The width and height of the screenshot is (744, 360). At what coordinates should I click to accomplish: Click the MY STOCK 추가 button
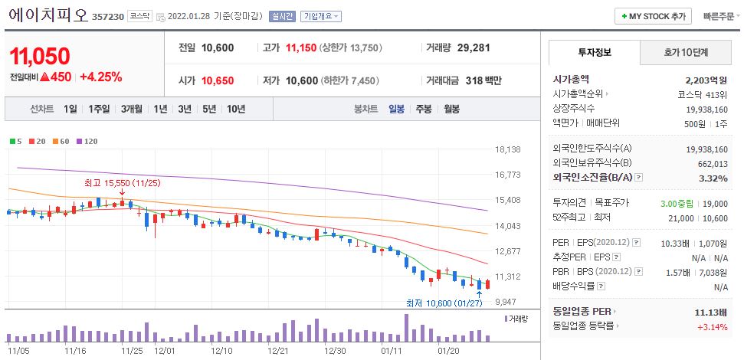653,16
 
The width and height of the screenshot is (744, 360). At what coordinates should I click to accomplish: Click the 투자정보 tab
594,53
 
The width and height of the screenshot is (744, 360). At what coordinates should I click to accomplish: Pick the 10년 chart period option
236,109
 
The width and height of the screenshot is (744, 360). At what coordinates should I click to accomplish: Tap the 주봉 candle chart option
424,109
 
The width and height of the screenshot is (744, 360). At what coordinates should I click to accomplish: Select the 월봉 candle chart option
451,109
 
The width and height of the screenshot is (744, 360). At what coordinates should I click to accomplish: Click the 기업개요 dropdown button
321,16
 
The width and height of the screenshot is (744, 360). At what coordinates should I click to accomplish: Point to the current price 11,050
40,56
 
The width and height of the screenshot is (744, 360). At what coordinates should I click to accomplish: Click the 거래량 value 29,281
473,47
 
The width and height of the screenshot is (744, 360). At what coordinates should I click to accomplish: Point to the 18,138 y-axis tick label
508,149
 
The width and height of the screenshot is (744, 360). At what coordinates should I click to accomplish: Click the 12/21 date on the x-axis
278,350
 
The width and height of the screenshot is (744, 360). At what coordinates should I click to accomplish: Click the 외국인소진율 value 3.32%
713,178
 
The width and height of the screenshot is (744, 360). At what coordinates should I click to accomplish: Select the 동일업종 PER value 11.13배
710,313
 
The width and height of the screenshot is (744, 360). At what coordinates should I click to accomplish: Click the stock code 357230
107,16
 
